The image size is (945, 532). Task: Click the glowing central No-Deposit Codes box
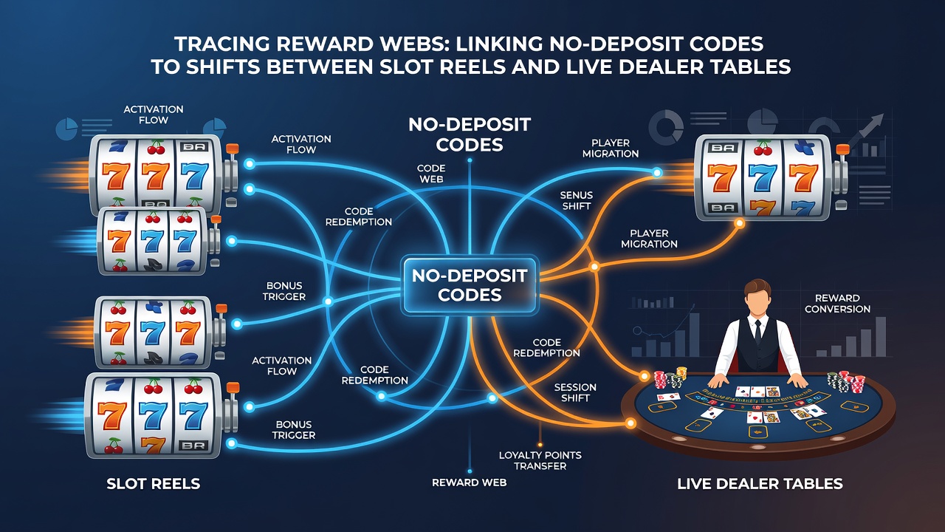[470, 285]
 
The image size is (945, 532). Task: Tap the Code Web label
[431, 174]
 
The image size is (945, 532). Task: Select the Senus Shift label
[577, 200]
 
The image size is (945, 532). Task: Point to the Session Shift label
[575, 392]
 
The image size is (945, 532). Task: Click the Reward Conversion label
[837, 304]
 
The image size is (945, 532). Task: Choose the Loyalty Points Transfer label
[540, 460]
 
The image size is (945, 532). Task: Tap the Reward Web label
[469, 482]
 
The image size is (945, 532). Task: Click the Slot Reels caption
[153, 484]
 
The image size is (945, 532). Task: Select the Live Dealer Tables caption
[760, 484]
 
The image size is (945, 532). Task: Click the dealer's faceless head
[757, 298]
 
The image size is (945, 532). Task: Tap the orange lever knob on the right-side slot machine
[842, 149]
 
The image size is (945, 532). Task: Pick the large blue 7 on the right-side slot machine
[763, 177]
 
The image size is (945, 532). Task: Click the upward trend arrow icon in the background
[864, 132]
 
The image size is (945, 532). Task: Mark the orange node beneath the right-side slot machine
[739, 223]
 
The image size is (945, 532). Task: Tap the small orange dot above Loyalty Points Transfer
[540, 445]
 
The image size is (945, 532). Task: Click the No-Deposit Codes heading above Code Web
[470, 134]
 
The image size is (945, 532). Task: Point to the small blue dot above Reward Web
[470, 471]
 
